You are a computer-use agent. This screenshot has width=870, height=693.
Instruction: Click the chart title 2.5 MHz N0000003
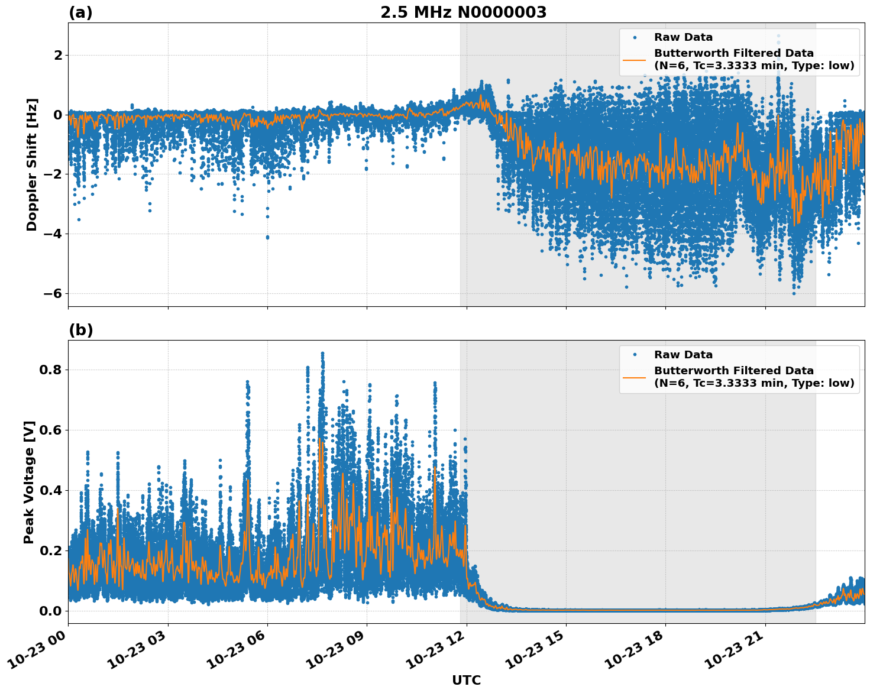pos(463,12)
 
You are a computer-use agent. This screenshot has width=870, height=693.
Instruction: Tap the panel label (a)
pos(80,12)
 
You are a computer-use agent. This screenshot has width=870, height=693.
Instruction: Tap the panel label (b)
pos(80,330)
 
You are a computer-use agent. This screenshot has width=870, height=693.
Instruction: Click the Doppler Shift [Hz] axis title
pos(32,164)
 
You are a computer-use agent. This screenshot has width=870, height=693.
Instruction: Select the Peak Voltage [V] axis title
pos(29,482)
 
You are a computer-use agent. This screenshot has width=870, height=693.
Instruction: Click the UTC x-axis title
pos(466,680)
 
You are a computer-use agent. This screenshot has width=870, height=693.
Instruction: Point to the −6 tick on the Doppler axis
pos(53,294)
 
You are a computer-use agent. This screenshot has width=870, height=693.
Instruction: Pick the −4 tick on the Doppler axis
pos(53,234)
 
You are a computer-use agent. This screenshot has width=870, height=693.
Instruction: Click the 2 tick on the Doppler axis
pos(57,56)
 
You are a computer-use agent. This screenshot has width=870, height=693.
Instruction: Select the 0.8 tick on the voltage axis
pos(50,370)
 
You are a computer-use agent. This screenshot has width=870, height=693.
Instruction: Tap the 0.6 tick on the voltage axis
pos(50,430)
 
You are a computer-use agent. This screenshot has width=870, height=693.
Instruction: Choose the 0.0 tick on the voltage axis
pos(50,611)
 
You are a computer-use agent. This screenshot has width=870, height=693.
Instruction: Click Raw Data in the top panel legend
pos(683,37)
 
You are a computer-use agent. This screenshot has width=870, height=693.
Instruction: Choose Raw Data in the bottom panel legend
pos(683,355)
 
